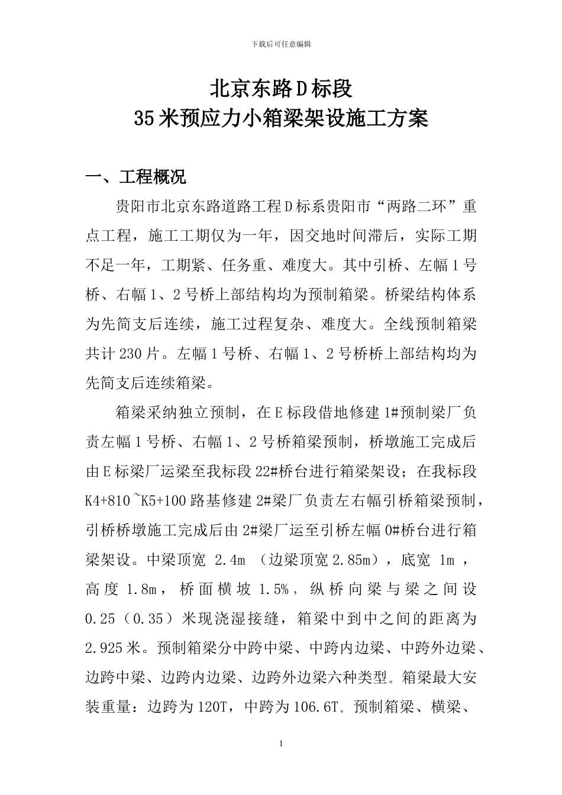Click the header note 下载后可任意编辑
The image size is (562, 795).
pos(281,43)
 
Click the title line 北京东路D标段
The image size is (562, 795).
pos(281,89)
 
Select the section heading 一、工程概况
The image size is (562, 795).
pos(136,177)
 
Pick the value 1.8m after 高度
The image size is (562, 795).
pos(141,589)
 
